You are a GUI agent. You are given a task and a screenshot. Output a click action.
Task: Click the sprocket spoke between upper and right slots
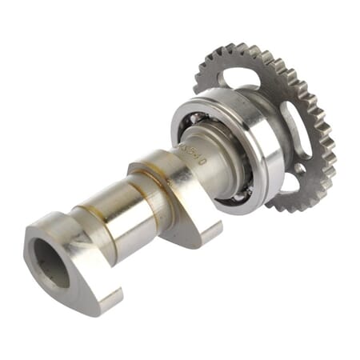(x=276, y=88)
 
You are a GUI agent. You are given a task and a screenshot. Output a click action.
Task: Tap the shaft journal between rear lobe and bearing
(x=192, y=164)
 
